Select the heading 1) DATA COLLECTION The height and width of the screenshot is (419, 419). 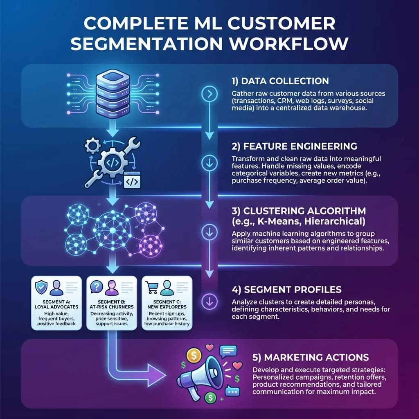coord(280,81)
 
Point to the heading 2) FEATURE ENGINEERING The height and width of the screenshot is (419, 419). coord(294,146)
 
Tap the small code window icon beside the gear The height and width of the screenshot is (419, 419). coord(132,180)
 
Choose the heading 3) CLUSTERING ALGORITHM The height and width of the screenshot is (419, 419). coord(299,211)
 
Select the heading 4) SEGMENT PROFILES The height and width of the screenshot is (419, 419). coord(286,290)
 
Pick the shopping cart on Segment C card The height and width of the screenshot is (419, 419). coord(153,288)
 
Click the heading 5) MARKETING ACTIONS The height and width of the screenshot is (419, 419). coord(311,357)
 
